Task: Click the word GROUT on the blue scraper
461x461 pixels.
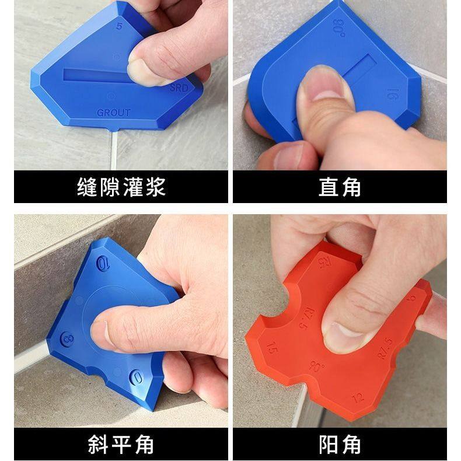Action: tap(114, 112)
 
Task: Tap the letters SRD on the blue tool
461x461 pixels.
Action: tap(179, 89)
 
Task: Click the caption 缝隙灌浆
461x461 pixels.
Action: tap(121, 187)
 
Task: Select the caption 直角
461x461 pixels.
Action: tap(340, 187)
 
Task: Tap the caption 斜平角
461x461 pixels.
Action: tap(121, 444)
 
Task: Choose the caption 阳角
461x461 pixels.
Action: tap(340, 444)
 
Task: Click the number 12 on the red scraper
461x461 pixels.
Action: tap(358, 398)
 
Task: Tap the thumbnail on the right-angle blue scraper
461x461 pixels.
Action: tap(323, 86)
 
